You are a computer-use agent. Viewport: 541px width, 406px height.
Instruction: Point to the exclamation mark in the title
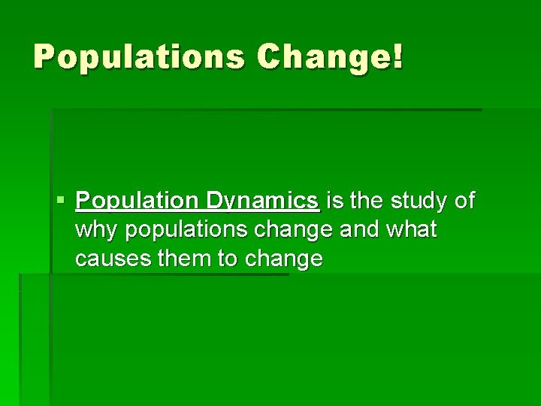click(x=396, y=56)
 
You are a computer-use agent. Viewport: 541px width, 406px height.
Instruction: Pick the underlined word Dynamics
click(x=262, y=201)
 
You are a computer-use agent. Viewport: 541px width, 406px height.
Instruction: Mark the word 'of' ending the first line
click(x=464, y=201)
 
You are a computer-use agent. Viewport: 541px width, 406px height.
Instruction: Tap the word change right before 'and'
click(x=289, y=230)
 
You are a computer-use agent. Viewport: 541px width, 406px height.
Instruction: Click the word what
click(x=413, y=230)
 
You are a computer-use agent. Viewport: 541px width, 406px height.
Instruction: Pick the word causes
click(x=113, y=259)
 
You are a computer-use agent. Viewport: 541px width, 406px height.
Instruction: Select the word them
click(x=186, y=259)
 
